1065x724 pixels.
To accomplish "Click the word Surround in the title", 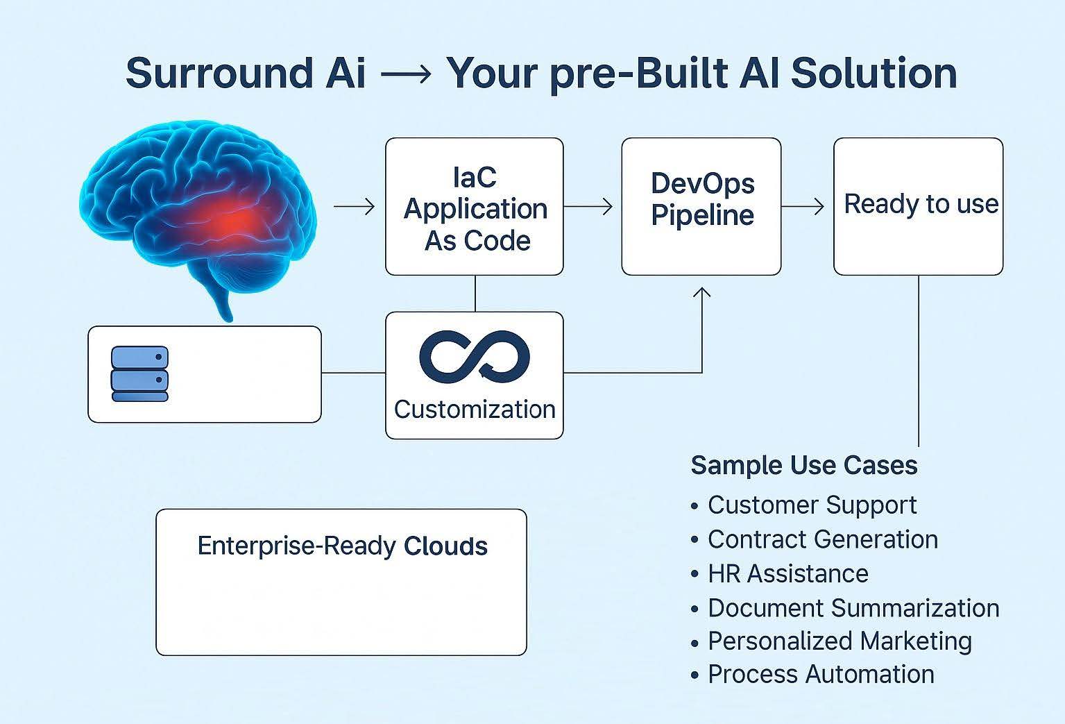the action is pyautogui.click(x=219, y=73).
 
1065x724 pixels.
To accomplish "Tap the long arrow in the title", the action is pyautogui.click(x=406, y=74).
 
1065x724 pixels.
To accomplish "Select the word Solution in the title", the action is pyautogui.click(x=874, y=73).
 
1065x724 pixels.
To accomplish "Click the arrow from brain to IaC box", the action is pyautogui.click(x=355, y=206).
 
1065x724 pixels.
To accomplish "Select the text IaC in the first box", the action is pyautogui.click(x=475, y=178).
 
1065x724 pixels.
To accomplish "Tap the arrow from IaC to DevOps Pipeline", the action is pyautogui.click(x=588, y=206).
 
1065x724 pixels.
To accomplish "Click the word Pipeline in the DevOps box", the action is pyautogui.click(x=702, y=215).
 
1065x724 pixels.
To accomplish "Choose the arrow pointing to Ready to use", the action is pyautogui.click(x=803, y=206).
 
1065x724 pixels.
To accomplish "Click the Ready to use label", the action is pyautogui.click(x=921, y=205).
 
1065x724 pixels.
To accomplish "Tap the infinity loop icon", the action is pyautogui.click(x=475, y=357).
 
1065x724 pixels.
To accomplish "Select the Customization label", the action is pyautogui.click(x=475, y=410).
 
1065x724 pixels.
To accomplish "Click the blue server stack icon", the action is pyautogui.click(x=139, y=374).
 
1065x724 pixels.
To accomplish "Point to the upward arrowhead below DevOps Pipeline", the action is pyautogui.click(x=701, y=292).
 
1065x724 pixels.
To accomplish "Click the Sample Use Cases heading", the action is pyautogui.click(x=804, y=465).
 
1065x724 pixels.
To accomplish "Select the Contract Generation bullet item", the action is pyautogui.click(x=815, y=539).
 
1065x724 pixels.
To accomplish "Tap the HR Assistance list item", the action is pyautogui.click(x=780, y=573).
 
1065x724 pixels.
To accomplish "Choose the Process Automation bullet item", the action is pyautogui.click(x=812, y=675).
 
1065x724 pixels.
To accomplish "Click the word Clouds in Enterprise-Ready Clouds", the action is pyautogui.click(x=445, y=546).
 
